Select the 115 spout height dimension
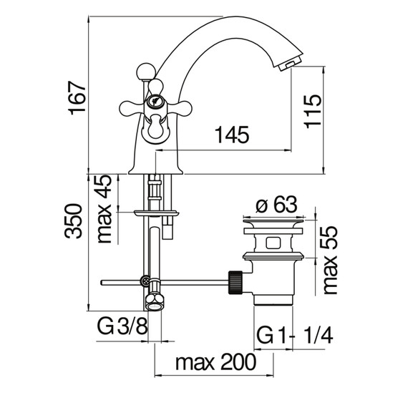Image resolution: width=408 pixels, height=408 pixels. [x=313, y=112]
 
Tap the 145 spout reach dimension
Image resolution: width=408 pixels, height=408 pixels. [x=232, y=135]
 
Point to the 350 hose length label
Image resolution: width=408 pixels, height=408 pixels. [x=73, y=221]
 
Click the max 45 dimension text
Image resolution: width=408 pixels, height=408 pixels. [x=104, y=209]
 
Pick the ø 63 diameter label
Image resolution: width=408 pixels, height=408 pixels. [x=276, y=204]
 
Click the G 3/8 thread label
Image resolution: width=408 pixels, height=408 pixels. [x=122, y=327]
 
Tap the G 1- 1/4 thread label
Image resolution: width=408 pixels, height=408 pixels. [x=295, y=336]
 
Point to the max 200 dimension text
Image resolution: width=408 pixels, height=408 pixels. [x=215, y=362]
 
